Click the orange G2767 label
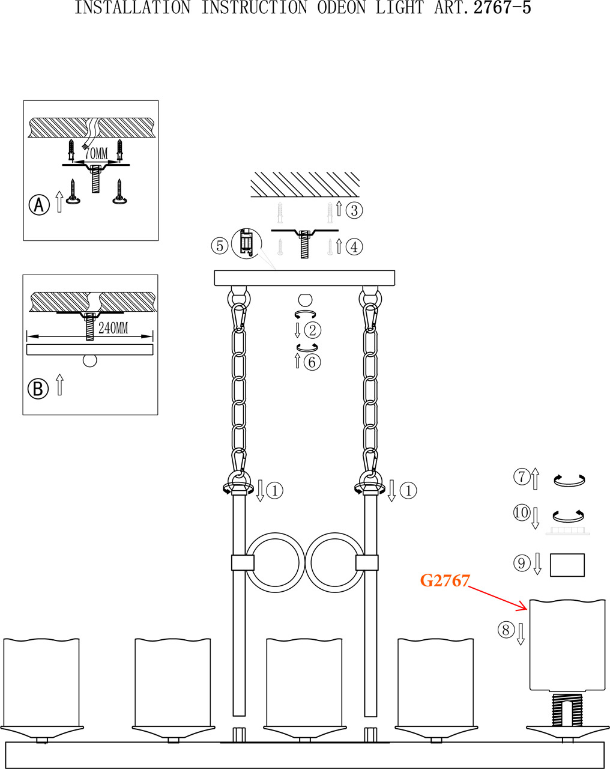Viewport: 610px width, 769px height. click(444, 581)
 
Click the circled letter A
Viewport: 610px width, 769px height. click(39, 205)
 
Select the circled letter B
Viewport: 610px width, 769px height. click(38, 389)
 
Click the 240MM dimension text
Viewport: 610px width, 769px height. click(113, 328)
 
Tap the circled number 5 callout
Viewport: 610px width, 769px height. click(220, 245)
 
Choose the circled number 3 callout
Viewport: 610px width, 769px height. click(355, 210)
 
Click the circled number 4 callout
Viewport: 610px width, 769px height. click(354, 246)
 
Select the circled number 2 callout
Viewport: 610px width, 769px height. click(313, 330)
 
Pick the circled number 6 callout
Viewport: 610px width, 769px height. click(312, 362)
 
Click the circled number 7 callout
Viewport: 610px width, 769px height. click(521, 477)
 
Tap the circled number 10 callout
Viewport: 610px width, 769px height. click(521, 512)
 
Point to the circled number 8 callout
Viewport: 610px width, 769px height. click(506, 630)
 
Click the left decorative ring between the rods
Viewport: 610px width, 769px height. click(273, 563)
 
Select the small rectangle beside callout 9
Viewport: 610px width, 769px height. click(567, 565)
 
